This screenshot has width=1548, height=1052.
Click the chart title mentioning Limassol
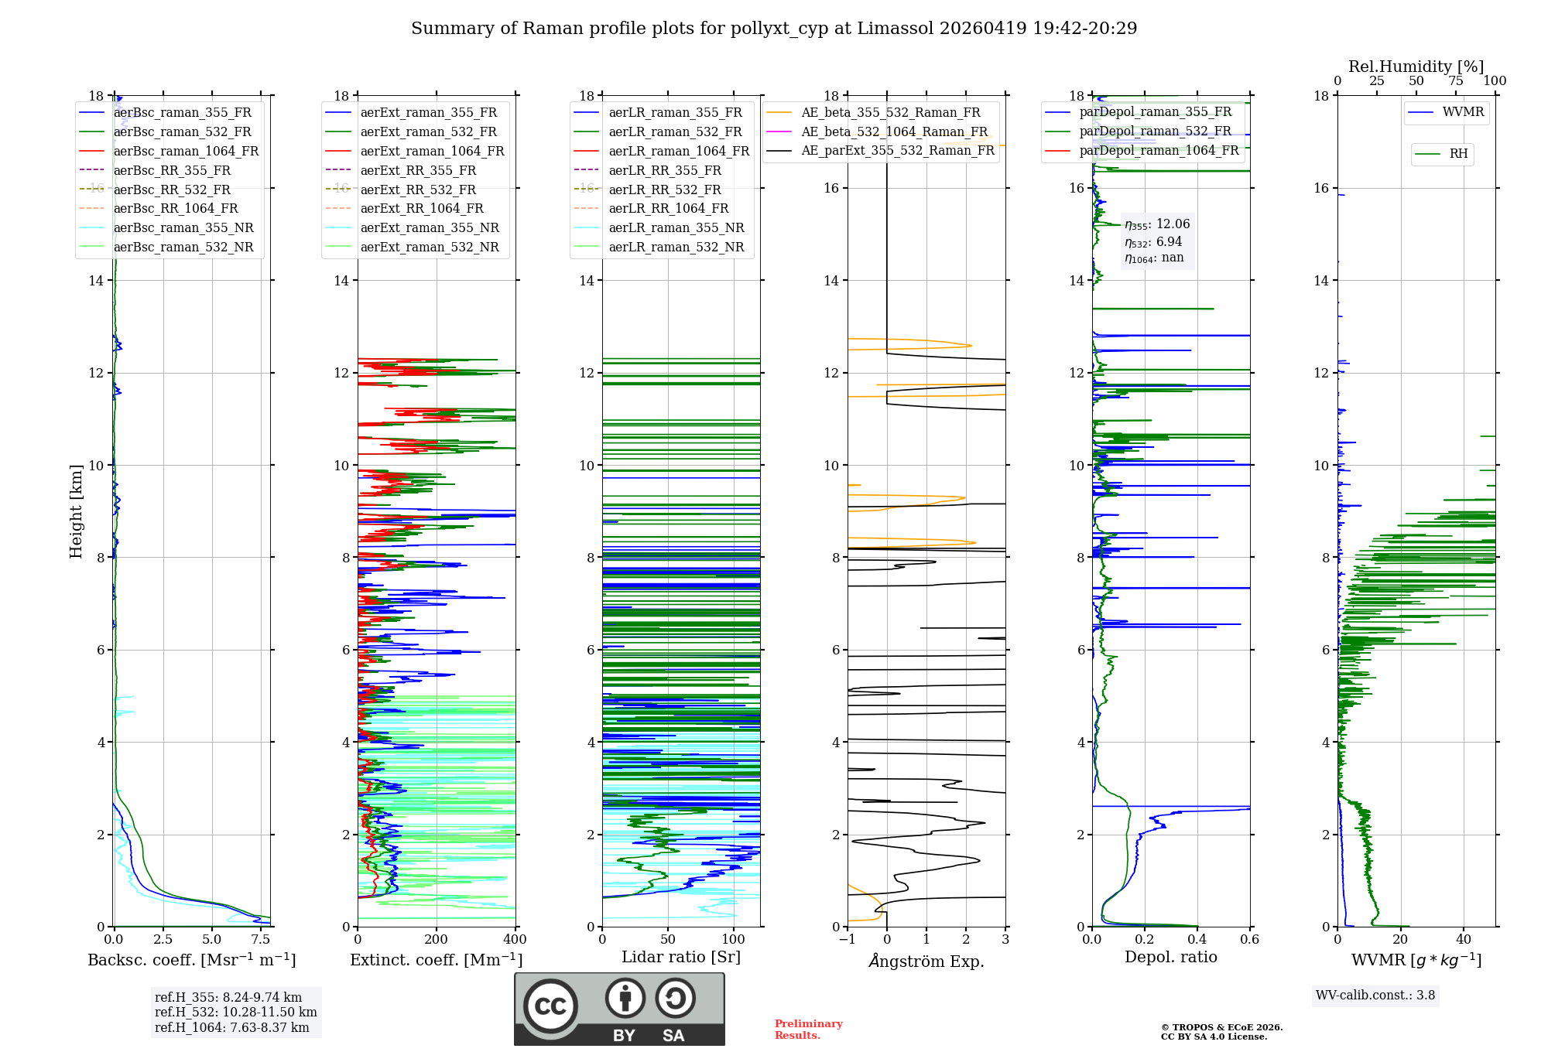pyautogui.click(x=774, y=29)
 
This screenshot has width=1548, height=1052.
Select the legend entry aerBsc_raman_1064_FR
pyautogui.click(x=186, y=151)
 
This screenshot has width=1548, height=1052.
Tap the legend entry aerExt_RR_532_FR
pyautogui.click(x=418, y=190)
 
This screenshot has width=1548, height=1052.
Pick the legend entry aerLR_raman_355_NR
pyautogui.click(x=676, y=227)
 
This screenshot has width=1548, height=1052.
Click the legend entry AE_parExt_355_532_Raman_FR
pyautogui.click(x=897, y=150)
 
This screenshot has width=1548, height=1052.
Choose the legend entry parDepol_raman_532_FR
pyautogui.click(x=1155, y=131)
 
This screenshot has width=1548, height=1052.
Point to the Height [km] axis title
pyautogui.click(x=76, y=511)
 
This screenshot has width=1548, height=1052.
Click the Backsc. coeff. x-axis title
pyautogui.click(x=191, y=960)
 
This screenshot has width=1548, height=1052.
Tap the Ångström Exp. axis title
pyautogui.click(x=926, y=961)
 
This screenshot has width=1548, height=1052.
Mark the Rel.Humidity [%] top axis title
pyautogui.click(x=1416, y=67)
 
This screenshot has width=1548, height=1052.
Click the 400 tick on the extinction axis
pyautogui.click(x=515, y=940)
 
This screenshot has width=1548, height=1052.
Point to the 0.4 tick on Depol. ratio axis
pyautogui.click(x=1197, y=940)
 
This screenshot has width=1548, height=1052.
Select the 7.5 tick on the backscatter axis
pyautogui.click(x=261, y=940)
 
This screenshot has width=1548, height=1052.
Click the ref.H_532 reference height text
pyautogui.click(x=235, y=1012)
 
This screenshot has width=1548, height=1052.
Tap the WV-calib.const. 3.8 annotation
pyautogui.click(x=1375, y=996)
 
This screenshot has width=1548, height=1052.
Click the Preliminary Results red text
pyautogui.click(x=808, y=1030)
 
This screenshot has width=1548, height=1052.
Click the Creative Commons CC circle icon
pyautogui.click(x=550, y=1006)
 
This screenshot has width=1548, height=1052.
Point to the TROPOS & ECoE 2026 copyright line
pyautogui.click(x=1221, y=1027)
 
